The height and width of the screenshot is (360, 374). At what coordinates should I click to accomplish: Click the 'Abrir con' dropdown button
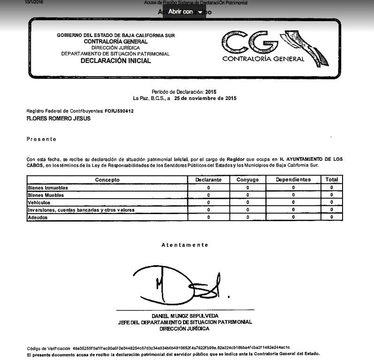point(185,12)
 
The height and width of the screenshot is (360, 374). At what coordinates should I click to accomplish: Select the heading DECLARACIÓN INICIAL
point(115,61)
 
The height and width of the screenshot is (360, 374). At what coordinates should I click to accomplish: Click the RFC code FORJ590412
point(119,111)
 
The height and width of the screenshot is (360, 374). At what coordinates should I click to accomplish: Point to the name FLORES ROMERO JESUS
point(59,119)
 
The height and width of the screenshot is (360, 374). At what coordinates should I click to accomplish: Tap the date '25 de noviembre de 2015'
point(205,99)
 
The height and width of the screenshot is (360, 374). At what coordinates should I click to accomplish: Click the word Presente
point(41,139)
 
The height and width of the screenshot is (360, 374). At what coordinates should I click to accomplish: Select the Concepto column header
point(107,180)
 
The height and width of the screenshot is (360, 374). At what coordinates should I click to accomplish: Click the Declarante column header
point(208,180)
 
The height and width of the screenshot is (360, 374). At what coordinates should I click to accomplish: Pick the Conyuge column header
point(247,180)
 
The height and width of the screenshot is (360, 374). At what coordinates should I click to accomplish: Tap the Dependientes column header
point(293,180)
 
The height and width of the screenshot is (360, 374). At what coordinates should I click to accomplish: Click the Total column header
point(331,180)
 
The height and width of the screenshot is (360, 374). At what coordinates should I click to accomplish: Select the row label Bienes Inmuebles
point(48,188)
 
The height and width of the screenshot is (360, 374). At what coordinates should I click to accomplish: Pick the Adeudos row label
point(38,217)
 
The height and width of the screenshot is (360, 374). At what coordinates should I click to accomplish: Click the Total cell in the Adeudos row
point(331,217)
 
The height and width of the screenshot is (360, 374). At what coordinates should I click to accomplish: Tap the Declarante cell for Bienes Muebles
point(208,195)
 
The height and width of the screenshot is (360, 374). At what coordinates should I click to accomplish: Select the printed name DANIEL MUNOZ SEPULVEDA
point(185,316)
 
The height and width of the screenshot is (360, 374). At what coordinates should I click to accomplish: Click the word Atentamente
point(184,245)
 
